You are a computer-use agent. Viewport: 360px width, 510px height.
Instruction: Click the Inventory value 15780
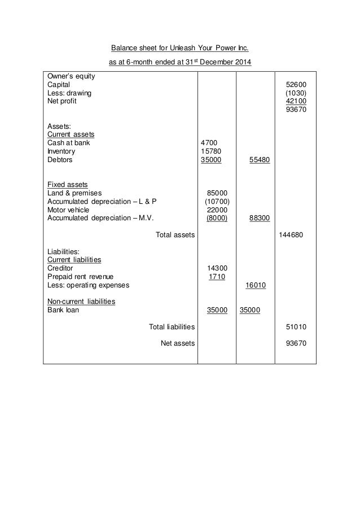point(212,151)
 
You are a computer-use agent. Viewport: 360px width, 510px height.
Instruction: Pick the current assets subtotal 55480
point(258,160)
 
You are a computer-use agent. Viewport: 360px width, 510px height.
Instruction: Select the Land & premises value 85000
point(217,193)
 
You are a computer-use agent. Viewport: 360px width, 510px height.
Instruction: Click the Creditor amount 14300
point(217,268)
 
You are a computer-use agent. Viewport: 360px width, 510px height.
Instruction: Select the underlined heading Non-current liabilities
point(81,302)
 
